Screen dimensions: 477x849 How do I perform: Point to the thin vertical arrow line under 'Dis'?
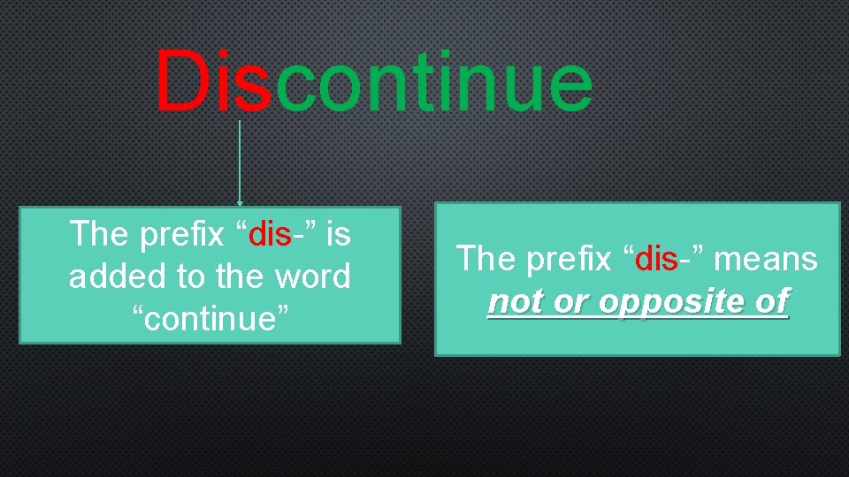[240, 159]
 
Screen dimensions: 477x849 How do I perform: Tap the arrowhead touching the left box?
[240, 203]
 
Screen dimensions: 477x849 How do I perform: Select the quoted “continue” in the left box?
[210, 319]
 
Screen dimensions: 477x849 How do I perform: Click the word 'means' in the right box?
[767, 259]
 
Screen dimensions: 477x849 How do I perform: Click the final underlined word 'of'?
[771, 302]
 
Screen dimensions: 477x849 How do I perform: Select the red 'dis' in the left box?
[271, 234]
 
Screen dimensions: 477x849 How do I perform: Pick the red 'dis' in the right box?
[657, 259]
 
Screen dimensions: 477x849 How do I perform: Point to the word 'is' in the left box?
[339, 234]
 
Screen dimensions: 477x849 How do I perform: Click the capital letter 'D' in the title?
[183, 81]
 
